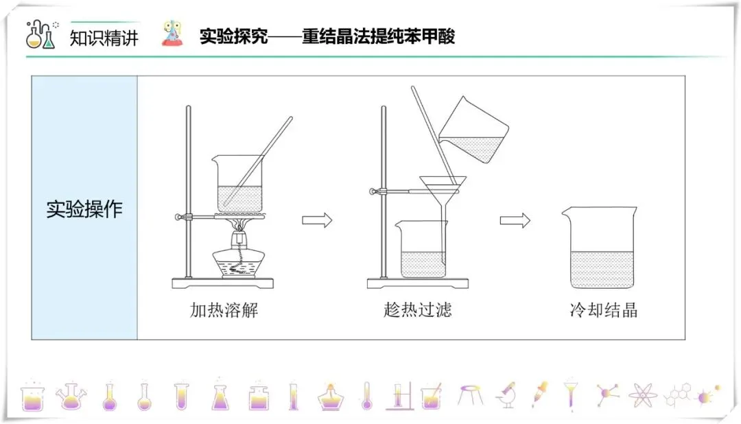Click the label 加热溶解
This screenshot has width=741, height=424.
click(224, 310)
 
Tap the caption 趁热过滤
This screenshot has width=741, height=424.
click(418, 310)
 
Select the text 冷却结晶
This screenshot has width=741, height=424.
click(603, 310)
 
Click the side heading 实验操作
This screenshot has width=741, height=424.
click(84, 209)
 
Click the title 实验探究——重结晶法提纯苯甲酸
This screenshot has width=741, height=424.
click(327, 36)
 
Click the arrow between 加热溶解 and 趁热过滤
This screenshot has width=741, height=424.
click(317, 220)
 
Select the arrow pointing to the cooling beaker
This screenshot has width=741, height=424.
click(515, 220)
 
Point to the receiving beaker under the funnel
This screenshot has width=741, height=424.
click(420, 250)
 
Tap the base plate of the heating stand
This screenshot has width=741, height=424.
click(222, 282)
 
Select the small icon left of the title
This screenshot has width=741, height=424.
click(173, 34)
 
